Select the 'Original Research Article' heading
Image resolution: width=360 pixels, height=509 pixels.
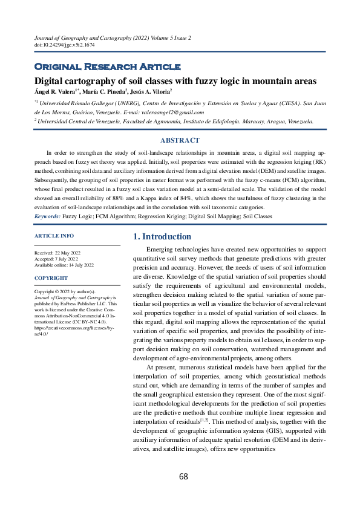(107, 66)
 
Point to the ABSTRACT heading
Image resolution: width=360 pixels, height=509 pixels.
(180, 140)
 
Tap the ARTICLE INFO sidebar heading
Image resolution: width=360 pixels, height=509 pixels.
(54, 236)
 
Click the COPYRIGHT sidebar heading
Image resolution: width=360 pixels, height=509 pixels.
(51, 278)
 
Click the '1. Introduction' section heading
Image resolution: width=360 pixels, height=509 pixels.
(162, 236)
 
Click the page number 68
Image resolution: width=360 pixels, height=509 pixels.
(183, 476)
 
